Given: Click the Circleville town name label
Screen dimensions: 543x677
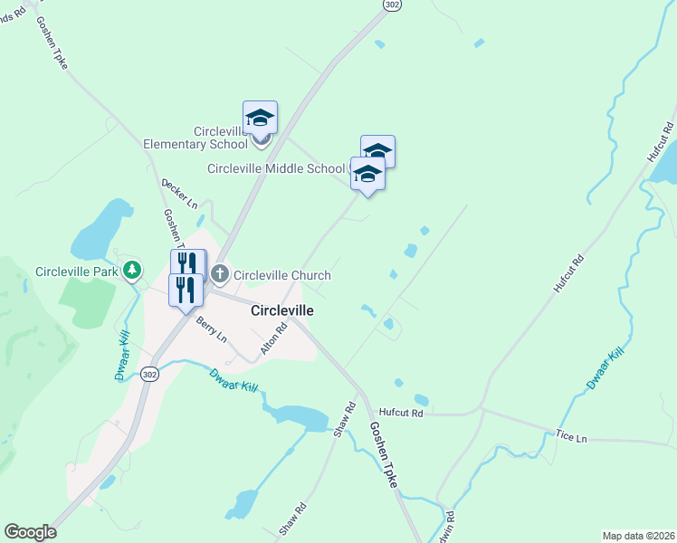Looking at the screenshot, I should (x=281, y=310).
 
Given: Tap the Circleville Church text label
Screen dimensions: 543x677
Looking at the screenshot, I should (x=281, y=275).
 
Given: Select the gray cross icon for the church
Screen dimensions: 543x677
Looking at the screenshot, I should (x=220, y=273).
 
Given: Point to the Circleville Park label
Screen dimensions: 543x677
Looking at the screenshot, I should (x=76, y=271).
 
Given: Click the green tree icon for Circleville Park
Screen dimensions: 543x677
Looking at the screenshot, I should (x=132, y=270).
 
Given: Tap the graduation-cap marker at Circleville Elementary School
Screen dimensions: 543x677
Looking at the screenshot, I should (x=260, y=119).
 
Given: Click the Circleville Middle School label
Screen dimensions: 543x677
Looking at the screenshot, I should (x=276, y=168).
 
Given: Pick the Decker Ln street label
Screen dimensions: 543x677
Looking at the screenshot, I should (x=179, y=193).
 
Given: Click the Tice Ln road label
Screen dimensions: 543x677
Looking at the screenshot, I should (x=571, y=438).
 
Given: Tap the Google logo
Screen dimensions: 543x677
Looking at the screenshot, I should (x=30, y=532).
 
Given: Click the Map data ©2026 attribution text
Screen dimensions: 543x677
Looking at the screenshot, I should (x=638, y=535).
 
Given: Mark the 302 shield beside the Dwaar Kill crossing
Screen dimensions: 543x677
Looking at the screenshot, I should (x=149, y=373).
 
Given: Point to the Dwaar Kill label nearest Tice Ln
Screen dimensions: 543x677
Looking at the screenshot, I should (x=605, y=369).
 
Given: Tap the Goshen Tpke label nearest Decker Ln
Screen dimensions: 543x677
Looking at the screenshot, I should (x=172, y=230).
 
